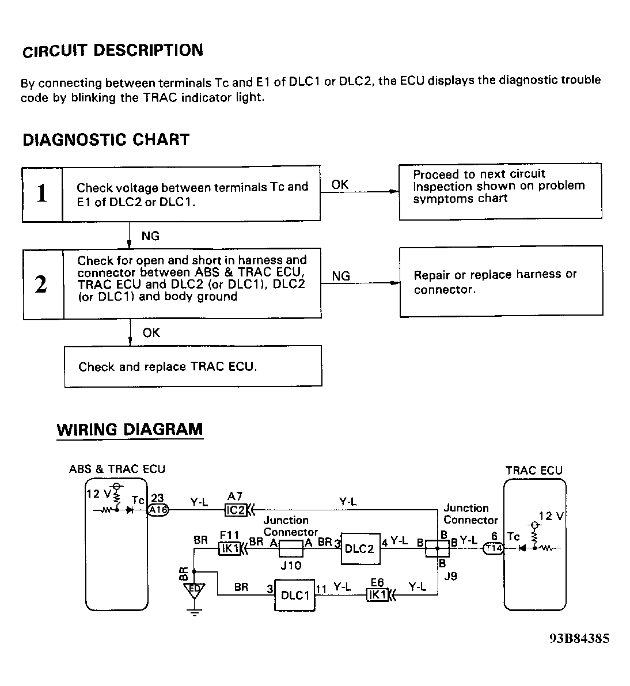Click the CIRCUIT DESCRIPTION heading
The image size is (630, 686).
click(x=113, y=51)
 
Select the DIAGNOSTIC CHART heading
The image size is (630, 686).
click(x=106, y=140)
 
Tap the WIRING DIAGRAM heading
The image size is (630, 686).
click(x=130, y=430)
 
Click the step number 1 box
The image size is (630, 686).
click(x=42, y=194)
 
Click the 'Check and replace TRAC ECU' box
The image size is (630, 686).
click(x=192, y=366)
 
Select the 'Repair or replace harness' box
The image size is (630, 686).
click(x=501, y=282)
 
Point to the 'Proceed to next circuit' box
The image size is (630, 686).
click(x=500, y=191)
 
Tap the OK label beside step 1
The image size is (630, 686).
click(x=340, y=184)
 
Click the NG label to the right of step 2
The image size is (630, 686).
click(x=341, y=276)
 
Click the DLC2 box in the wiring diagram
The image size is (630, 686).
click(x=360, y=549)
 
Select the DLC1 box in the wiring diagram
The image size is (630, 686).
click(x=295, y=595)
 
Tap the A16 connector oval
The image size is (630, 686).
click(x=158, y=510)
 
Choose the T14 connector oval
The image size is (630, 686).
click(x=494, y=549)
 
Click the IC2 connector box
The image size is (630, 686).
click(x=235, y=510)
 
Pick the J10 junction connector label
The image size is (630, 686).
click(x=291, y=566)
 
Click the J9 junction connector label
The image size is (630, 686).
click(x=450, y=576)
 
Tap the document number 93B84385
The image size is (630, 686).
click(x=579, y=638)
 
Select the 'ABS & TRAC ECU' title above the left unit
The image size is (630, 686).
click(x=117, y=469)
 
